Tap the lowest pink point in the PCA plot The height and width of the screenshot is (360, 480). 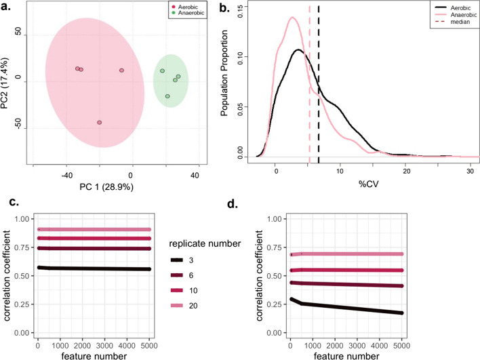(99, 123)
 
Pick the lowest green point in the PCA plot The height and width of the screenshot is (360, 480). (167, 96)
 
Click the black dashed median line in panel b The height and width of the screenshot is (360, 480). (319, 102)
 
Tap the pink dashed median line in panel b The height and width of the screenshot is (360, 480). (309, 102)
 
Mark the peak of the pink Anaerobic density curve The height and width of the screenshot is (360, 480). (292, 18)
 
